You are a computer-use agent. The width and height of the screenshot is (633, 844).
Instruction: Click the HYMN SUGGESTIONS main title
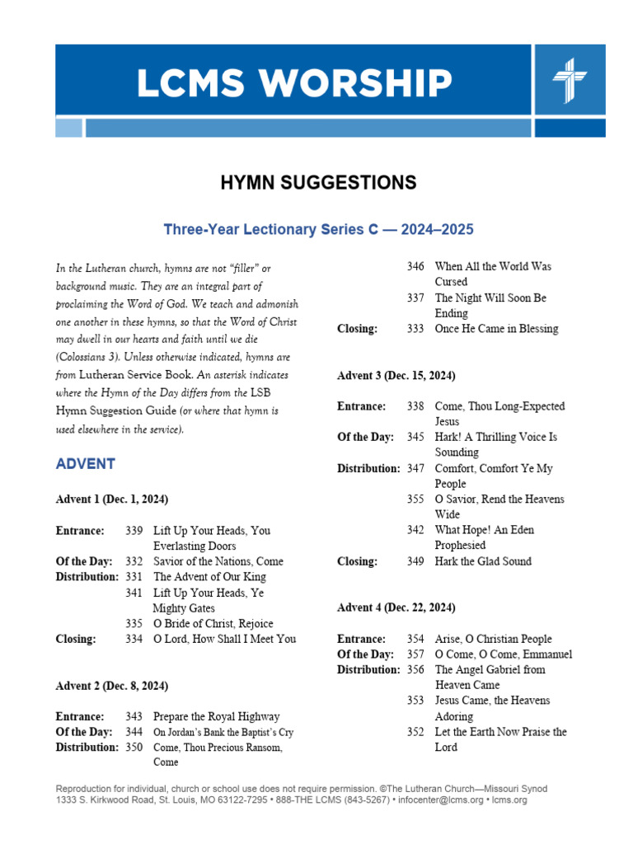coord(317,183)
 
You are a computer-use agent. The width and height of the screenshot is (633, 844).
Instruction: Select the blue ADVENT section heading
coord(85,464)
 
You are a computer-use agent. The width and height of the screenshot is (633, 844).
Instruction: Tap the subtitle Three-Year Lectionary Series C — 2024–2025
coord(318,229)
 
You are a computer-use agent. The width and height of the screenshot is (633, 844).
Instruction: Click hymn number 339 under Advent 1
coord(134,531)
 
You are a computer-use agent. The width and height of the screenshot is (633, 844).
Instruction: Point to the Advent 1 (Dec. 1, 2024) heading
coord(112,499)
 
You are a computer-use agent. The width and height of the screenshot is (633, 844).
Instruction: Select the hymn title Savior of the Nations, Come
coord(218,561)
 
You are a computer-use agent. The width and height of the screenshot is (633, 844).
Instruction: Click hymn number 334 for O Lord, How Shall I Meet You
coord(134,639)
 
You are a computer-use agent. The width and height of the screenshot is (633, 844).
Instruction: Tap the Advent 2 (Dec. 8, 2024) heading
coord(112,686)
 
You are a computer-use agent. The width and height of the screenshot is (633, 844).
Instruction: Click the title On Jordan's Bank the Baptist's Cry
coord(223,732)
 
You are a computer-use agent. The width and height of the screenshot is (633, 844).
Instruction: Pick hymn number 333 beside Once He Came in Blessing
coord(415,329)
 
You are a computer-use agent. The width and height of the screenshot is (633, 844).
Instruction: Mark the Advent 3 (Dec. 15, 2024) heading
coord(396,376)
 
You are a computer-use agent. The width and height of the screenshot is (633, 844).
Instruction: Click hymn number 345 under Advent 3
coord(415,438)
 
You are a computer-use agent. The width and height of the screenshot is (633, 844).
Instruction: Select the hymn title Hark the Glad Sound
coord(483,561)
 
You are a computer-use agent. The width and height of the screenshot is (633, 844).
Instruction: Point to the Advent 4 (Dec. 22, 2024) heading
coord(396,607)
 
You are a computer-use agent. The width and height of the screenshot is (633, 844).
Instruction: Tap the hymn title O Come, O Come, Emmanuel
coord(504,654)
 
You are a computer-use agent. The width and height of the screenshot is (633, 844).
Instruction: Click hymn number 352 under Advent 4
coord(415,732)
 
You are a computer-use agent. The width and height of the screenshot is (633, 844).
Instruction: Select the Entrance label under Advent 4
coord(362,639)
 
